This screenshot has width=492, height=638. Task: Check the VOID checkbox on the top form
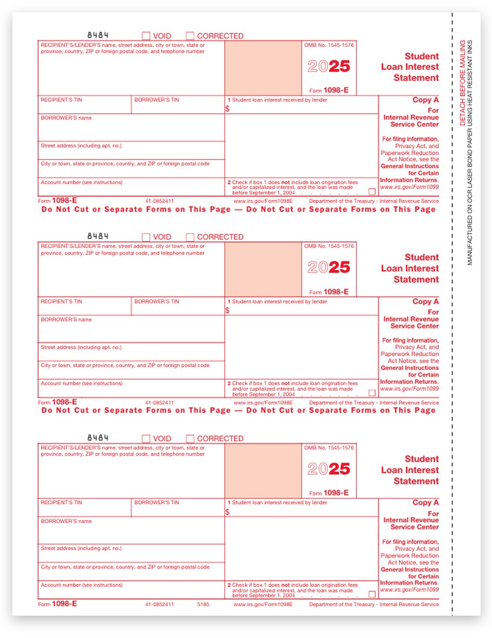click(146, 36)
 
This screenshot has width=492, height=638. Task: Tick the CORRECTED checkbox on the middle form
click(190, 237)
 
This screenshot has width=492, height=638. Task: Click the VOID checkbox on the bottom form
click(146, 439)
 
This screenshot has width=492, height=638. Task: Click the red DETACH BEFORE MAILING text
click(463, 82)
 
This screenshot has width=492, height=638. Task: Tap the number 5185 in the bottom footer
click(203, 605)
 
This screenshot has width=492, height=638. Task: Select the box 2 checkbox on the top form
click(372, 192)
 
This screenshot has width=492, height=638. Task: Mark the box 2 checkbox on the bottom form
click(372, 594)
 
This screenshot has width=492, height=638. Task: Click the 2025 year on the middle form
click(329, 267)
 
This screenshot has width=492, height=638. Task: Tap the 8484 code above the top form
click(98, 35)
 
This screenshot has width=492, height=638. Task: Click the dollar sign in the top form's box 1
click(228, 108)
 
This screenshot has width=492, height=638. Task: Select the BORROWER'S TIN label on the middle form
click(156, 301)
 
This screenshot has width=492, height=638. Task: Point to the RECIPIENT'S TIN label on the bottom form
click(61, 502)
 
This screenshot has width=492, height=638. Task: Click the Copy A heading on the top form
click(426, 100)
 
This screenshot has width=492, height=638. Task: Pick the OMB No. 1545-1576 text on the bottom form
click(329, 448)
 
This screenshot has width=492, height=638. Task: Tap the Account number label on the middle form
click(81, 383)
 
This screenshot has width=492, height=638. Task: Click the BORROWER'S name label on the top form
click(66, 118)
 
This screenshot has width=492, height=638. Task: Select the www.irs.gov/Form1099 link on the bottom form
click(410, 590)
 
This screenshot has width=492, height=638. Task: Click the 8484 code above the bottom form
click(98, 438)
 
